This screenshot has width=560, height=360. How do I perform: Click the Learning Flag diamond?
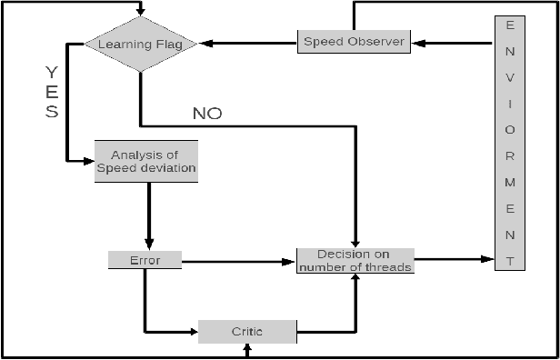click(140, 43)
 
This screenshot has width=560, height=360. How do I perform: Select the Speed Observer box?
click(355, 41)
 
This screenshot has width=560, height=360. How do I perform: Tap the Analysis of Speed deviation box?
click(145, 161)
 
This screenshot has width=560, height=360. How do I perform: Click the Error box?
click(145, 260)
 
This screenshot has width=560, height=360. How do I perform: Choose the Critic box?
click(247, 330)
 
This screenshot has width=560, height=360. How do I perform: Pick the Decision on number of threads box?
click(355, 260)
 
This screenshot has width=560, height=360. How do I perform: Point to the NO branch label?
click(207, 114)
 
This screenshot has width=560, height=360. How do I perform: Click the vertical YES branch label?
click(52, 93)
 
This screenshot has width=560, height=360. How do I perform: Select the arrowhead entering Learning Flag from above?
click(140, 12)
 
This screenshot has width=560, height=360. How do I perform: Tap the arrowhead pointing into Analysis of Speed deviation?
click(88, 161)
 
